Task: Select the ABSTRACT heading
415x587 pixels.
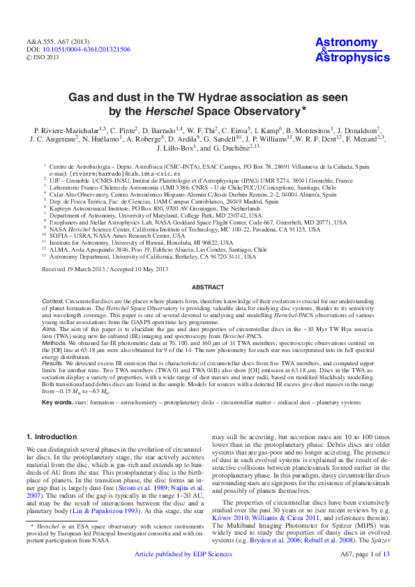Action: click(207, 287)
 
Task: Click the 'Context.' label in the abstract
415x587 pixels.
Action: click(54, 299)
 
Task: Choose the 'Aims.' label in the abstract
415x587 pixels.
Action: click(50, 328)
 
